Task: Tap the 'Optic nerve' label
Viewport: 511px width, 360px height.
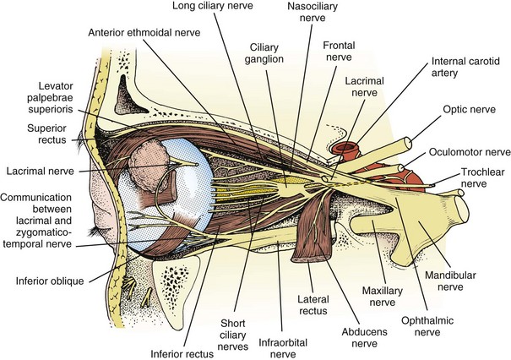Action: (468, 110)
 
